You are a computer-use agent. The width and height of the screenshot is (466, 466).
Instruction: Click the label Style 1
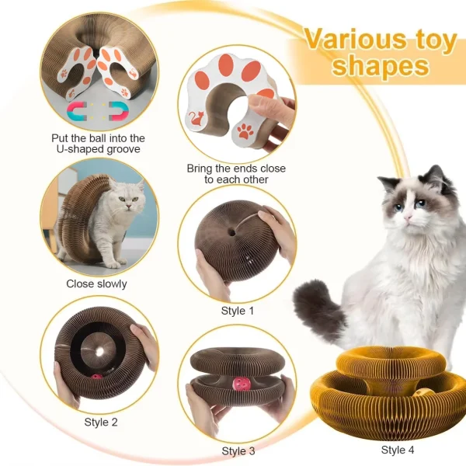coord(238,311)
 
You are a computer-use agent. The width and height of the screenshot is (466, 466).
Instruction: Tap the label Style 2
coord(101,422)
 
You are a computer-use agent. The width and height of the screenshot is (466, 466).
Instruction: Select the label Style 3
coord(238,450)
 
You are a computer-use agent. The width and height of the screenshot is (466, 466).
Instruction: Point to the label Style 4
coord(398,450)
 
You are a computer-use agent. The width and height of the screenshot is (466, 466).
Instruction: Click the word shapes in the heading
coord(381,65)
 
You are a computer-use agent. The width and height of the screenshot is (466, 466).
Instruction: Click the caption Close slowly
coord(96,283)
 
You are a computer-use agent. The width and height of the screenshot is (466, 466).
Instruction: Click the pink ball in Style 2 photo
coord(96,377)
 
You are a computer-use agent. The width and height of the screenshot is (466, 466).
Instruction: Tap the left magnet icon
coord(77,111)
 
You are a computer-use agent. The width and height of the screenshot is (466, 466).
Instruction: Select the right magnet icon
coord(119,111)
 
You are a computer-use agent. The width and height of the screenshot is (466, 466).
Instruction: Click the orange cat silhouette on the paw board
coord(196,118)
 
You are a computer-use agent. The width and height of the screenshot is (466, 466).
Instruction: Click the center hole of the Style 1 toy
coord(232,232)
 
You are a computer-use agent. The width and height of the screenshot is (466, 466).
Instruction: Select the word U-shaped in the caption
coord(78,149)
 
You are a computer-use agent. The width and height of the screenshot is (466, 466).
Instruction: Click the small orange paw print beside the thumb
coord(245,131)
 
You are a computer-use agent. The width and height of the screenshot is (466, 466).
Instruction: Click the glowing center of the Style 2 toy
coord(100,352)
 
